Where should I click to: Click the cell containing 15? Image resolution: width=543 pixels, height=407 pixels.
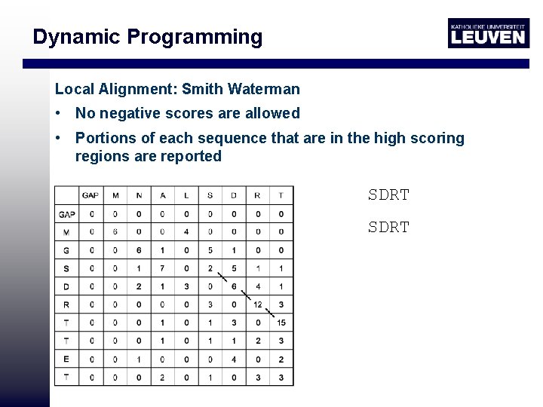pyautogui.click(x=281, y=323)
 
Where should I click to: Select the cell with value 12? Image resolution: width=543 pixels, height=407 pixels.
pyautogui.click(x=257, y=305)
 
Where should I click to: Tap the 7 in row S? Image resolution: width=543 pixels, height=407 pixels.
pyautogui.click(x=162, y=269)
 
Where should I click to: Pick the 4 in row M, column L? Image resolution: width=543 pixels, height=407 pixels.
pyautogui.click(x=186, y=232)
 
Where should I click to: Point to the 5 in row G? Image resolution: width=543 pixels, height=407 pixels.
pyautogui.click(x=210, y=250)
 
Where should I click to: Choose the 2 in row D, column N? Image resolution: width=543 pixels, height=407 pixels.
pyautogui.click(x=139, y=287)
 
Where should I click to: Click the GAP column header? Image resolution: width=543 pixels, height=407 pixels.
pyautogui.click(x=90, y=196)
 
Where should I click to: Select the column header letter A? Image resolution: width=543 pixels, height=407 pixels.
pyautogui.click(x=162, y=196)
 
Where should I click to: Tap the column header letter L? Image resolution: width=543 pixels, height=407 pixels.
pyautogui.click(x=186, y=196)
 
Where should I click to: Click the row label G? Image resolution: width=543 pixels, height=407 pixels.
pyautogui.click(x=66, y=250)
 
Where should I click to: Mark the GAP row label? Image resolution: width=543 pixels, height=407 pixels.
pyautogui.click(x=66, y=214)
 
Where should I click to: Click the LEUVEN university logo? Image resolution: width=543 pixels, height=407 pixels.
pyautogui.click(x=488, y=33)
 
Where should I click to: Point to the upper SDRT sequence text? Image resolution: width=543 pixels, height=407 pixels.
pyautogui.click(x=388, y=194)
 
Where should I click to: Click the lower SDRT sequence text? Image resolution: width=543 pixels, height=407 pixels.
pyautogui.click(x=388, y=227)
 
